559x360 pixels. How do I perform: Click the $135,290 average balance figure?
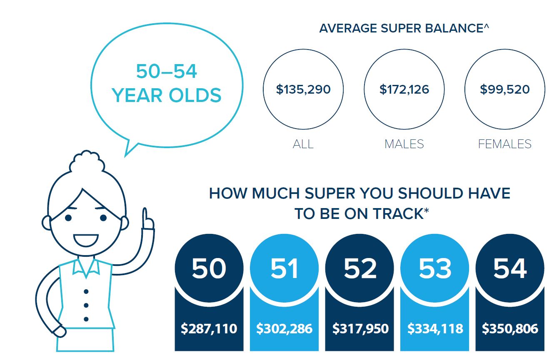click(303, 89)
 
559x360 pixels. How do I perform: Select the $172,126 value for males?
click(404, 89)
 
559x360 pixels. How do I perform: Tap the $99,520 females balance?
click(504, 89)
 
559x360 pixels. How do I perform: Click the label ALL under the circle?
click(303, 144)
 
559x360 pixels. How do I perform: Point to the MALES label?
click(404, 144)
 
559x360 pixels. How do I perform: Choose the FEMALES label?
click(504, 144)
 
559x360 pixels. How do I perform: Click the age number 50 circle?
click(209, 268)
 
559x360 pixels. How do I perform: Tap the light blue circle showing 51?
click(284, 268)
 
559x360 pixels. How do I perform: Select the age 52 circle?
click(359, 268)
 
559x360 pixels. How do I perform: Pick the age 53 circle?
click(435, 268)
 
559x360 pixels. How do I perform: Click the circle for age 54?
click(510, 268)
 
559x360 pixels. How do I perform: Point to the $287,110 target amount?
click(209, 329)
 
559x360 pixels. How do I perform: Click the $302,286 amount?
click(284, 329)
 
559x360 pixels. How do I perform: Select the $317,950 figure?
click(360, 329)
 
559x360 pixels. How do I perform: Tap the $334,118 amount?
click(435, 329)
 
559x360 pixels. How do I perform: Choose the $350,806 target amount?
click(510, 329)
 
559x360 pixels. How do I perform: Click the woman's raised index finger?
click(145, 217)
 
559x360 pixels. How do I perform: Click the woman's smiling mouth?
click(85, 240)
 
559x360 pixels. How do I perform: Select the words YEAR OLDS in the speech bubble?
click(167, 95)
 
